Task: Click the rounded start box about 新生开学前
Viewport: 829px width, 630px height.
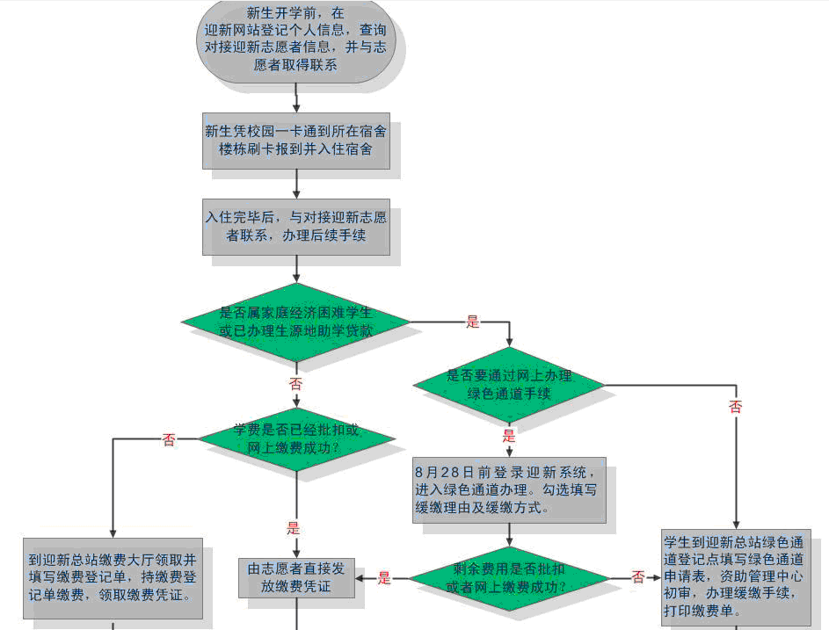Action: tap(295, 40)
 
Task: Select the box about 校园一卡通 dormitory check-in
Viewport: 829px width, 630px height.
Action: tap(295, 141)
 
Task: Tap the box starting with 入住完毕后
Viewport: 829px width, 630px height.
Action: tap(295, 227)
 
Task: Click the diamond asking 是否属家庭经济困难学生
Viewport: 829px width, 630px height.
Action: tap(295, 322)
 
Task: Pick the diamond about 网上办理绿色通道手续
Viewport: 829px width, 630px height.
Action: tap(509, 385)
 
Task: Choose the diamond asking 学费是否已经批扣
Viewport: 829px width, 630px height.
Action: tap(295, 438)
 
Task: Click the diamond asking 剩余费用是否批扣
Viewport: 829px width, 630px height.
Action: tap(509, 578)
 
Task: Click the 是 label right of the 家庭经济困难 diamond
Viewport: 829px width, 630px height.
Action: tap(473, 322)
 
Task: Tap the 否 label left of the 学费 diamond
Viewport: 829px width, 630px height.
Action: tap(169, 439)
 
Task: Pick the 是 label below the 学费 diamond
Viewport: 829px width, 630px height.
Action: tap(294, 528)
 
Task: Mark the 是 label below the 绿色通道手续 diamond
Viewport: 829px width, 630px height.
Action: tap(509, 436)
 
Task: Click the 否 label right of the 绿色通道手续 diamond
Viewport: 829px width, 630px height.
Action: tap(735, 407)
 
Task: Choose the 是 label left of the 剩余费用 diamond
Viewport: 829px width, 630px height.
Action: tap(384, 578)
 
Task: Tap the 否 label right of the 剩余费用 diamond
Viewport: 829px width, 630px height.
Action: tap(638, 577)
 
